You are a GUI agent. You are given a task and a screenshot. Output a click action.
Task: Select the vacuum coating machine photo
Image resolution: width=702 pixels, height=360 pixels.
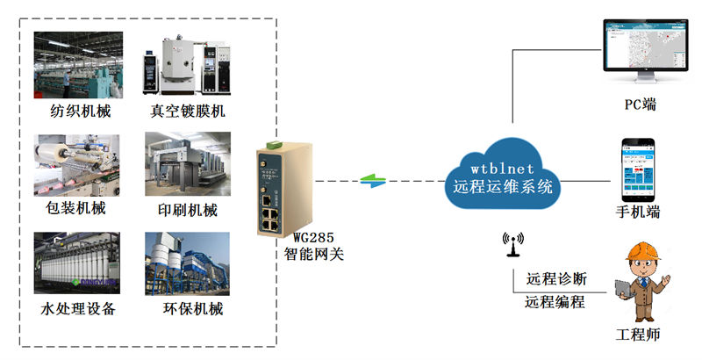[x=187, y=65]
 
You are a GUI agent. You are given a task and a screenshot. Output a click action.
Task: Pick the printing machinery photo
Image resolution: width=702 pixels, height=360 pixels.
[x=187, y=164]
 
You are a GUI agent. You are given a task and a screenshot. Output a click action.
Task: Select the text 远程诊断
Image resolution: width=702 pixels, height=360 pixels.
[x=556, y=280]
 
